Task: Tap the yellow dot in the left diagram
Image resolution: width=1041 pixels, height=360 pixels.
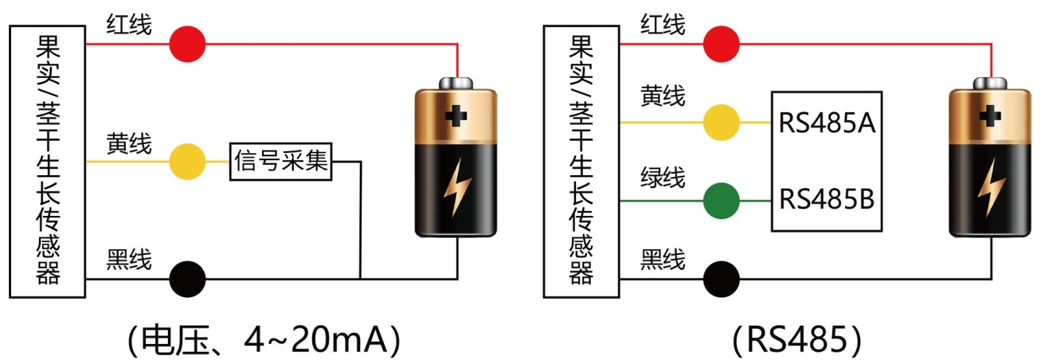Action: coord(188,162)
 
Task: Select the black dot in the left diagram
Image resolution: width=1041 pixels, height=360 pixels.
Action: coord(188,279)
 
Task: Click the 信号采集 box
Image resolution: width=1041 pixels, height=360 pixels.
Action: coord(283,162)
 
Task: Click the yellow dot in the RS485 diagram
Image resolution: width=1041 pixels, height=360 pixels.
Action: coord(722,123)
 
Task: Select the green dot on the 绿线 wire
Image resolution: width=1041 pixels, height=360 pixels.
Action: coord(722,200)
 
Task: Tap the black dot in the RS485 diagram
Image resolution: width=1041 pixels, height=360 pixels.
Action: coord(722,279)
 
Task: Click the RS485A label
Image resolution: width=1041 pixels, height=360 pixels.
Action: coord(827,123)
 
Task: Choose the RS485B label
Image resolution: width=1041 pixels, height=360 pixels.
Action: coord(827,199)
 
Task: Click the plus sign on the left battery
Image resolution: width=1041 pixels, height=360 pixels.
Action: coord(456,116)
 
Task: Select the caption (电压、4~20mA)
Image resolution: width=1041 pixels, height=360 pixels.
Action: coord(263,340)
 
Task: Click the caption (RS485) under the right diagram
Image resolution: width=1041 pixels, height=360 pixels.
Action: coord(796,340)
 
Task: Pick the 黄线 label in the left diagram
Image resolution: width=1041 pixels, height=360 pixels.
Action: coord(129,143)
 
